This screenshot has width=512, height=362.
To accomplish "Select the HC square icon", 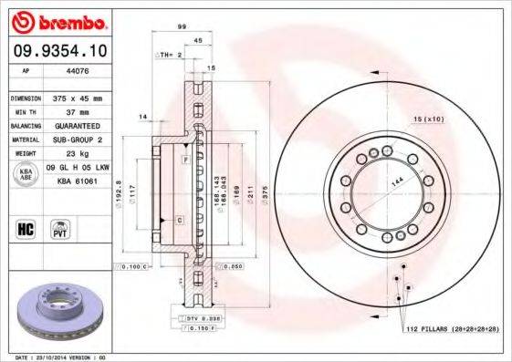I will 26,227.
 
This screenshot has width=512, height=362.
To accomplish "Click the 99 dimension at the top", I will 183,28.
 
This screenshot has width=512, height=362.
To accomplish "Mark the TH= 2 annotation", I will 172,55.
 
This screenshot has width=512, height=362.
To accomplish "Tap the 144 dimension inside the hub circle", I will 395,181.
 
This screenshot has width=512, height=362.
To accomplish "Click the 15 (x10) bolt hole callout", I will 428,119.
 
